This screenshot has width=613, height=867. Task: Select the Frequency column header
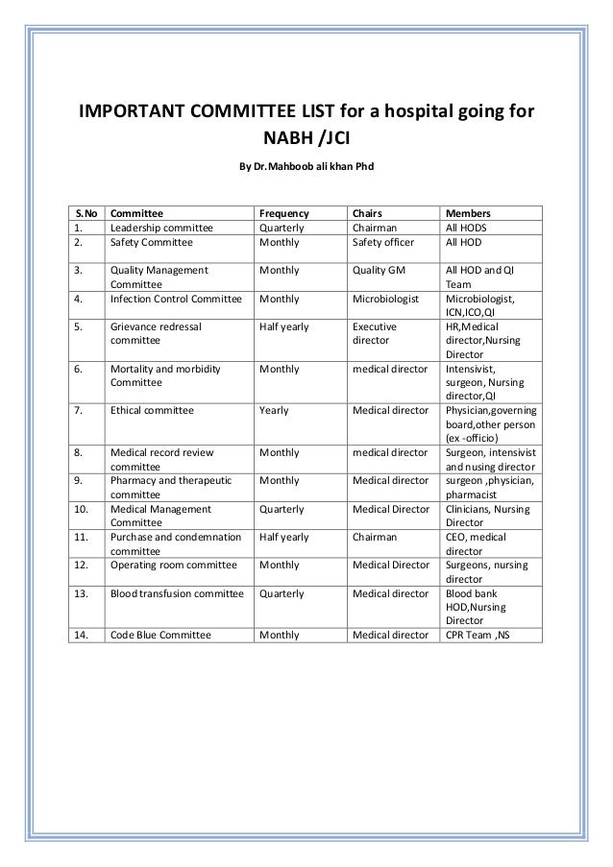pos(284,213)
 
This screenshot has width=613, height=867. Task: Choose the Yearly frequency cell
pos(275,410)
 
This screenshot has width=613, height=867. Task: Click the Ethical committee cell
pos(152,410)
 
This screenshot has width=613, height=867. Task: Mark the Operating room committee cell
pos(170,566)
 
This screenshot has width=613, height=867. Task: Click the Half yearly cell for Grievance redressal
pos(284,326)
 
